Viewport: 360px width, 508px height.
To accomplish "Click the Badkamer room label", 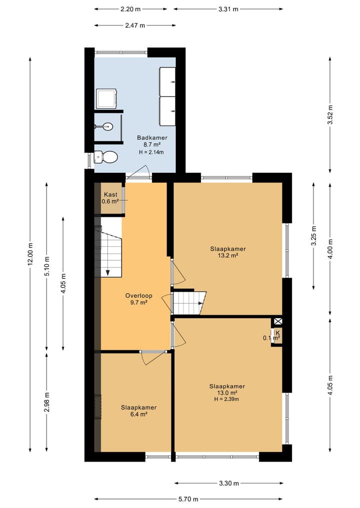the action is [x=152, y=138].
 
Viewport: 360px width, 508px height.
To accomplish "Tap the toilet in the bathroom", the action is [x=106, y=157].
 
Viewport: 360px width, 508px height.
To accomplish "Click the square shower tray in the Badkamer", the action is [x=106, y=99].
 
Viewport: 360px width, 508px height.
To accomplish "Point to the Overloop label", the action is [x=139, y=296].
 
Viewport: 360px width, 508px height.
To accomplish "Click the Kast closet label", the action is [x=110, y=194].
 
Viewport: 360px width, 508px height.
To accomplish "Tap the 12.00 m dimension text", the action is [x=30, y=254].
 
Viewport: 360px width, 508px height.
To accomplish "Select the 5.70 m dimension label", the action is [x=188, y=499].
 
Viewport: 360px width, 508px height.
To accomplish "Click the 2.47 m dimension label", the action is [x=135, y=25].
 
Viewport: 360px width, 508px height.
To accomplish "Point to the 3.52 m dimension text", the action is [x=330, y=115].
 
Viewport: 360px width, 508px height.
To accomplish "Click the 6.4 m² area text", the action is [x=138, y=414].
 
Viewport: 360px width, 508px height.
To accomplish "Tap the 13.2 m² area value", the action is [x=228, y=255].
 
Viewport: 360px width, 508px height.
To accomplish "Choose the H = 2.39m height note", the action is [x=226, y=399].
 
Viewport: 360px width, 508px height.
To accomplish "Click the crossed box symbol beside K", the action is [x=278, y=322].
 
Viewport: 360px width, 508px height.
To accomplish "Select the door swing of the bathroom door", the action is [x=139, y=171].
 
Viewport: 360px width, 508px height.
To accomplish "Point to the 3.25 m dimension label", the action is [x=313, y=236].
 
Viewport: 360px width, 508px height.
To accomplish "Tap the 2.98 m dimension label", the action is [x=47, y=402].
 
